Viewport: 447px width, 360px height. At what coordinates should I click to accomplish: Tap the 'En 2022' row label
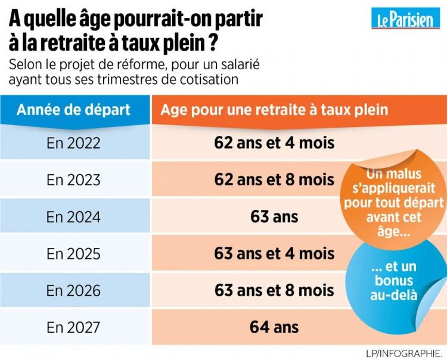tap(74, 143)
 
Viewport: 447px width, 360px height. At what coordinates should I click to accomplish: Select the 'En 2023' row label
tap(74, 180)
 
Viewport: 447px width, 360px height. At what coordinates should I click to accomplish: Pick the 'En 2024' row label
tap(74, 217)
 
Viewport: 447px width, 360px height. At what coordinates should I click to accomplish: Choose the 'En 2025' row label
tap(74, 254)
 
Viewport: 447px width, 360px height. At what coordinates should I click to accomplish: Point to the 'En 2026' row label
tap(74, 291)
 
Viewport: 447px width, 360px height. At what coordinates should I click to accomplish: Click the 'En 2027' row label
tap(74, 327)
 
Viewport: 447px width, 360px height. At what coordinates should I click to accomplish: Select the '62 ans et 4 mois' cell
tap(274, 143)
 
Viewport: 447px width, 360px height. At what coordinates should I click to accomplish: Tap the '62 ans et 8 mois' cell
tap(274, 180)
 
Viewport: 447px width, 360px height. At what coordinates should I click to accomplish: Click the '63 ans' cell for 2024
tap(274, 217)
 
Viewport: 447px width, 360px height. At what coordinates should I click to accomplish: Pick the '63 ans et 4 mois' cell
tap(274, 254)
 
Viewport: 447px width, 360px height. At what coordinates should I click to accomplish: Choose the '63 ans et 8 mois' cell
tap(274, 291)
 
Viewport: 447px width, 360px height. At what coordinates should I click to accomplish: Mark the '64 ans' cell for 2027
tap(274, 327)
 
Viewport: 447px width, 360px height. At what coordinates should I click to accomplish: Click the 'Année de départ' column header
tap(74, 110)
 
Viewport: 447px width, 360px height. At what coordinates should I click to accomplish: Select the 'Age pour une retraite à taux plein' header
tap(274, 110)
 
